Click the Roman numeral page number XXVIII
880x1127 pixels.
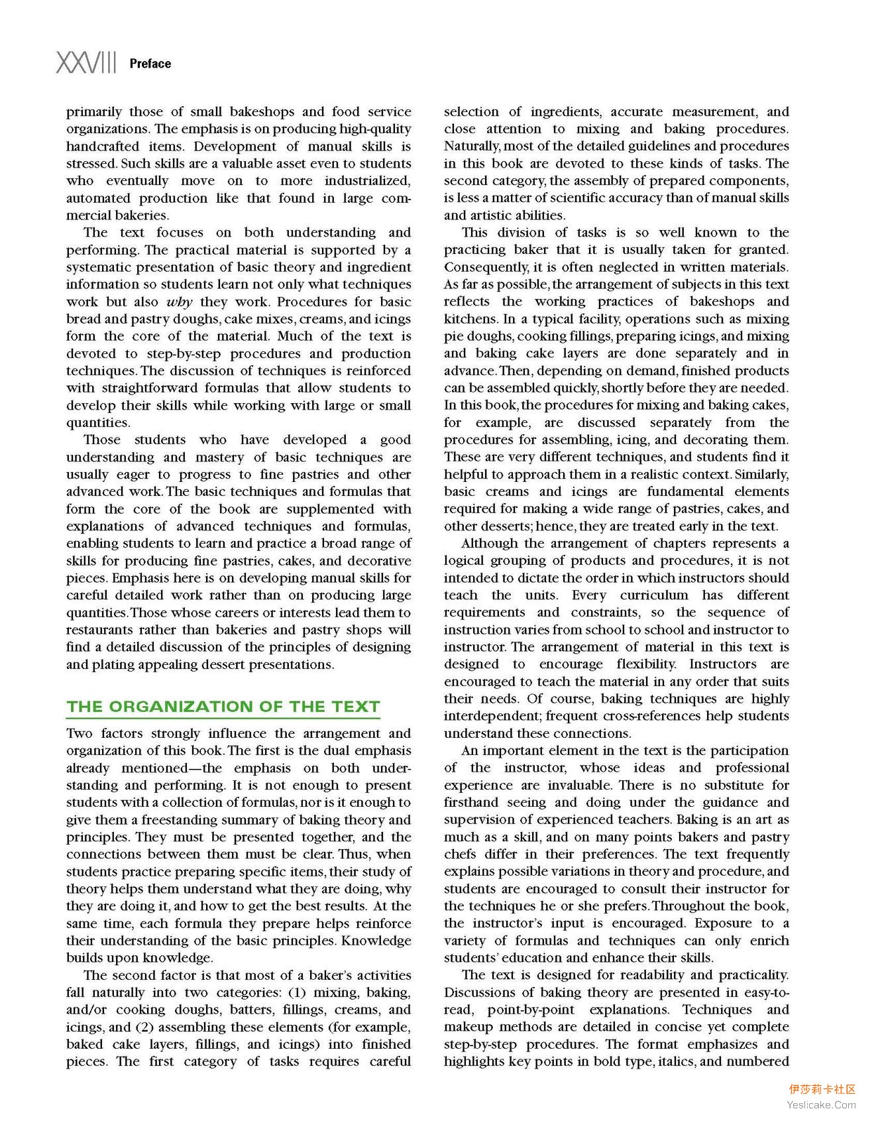[86, 63]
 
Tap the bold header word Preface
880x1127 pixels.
[150, 64]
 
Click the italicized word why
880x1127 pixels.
[179, 302]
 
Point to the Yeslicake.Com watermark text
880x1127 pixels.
[821, 1105]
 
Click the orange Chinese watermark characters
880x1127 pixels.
[822, 1089]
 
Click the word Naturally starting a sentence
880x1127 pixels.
[472, 146]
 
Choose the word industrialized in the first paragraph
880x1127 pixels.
[367, 181]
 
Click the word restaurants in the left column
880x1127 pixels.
[103, 630]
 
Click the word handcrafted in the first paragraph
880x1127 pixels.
[103, 147]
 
